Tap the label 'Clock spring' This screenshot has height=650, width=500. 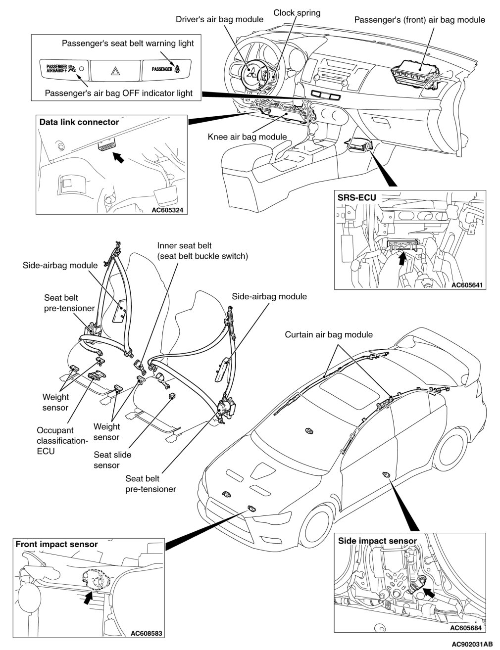(297, 13)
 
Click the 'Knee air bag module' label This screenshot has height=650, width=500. (247, 137)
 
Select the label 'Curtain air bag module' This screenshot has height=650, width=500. (328, 335)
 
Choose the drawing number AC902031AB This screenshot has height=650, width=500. (472, 644)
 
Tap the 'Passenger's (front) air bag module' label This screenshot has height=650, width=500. (420, 20)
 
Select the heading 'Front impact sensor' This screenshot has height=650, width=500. (56, 544)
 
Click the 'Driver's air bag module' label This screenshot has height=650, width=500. (219, 20)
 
